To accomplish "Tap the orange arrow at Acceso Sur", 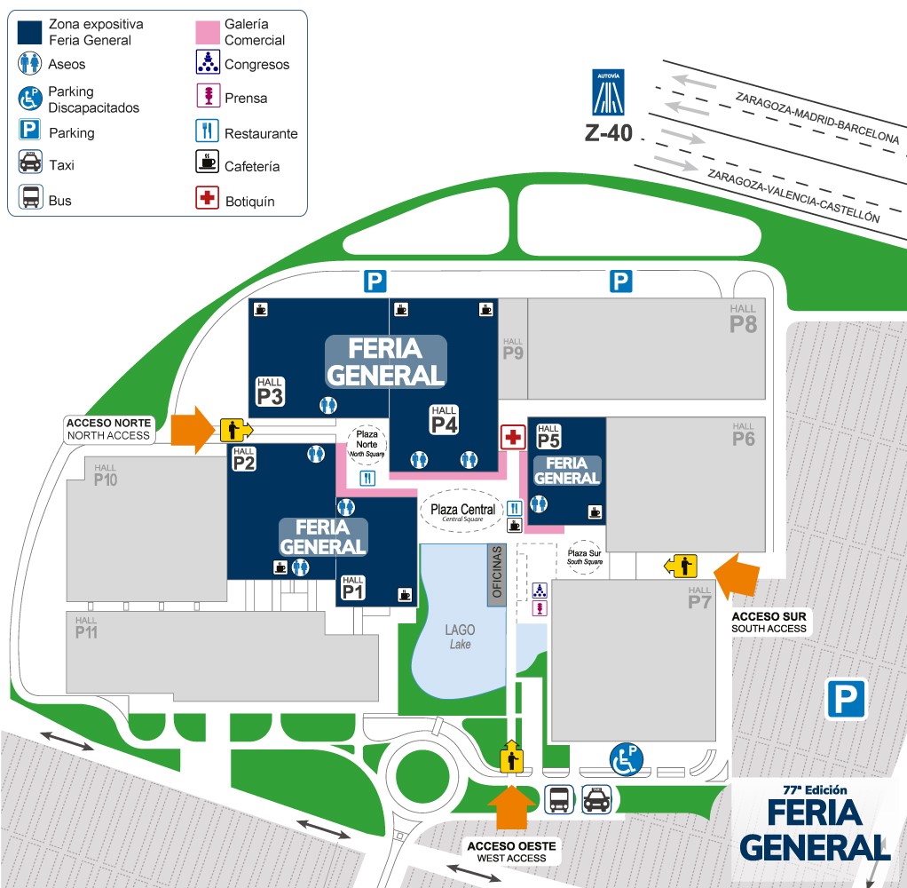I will click(736, 575).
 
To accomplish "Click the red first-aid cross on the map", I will click(513, 437).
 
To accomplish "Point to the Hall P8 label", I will click(743, 320).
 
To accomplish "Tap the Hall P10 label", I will click(105, 476).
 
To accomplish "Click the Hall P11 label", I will click(86, 629).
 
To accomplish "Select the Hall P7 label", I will click(699, 599).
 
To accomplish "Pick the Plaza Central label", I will click(462, 511).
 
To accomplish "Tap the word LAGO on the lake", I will click(460, 630).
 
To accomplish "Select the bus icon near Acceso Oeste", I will click(558, 800).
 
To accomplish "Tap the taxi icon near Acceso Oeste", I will click(595, 800).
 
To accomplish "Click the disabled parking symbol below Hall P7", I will click(627, 758).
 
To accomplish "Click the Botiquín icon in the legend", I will click(208, 198).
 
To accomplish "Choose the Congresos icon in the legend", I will click(207, 62).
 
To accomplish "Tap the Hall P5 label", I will click(548, 435).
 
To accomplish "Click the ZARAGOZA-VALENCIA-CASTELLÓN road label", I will click(793, 195).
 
